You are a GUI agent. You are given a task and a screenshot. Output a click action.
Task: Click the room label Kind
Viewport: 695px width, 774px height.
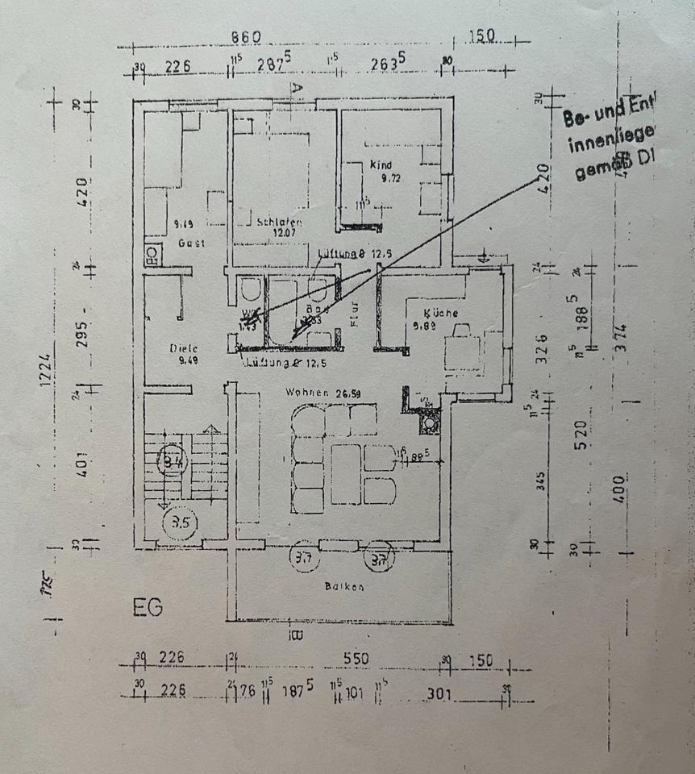click(380, 164)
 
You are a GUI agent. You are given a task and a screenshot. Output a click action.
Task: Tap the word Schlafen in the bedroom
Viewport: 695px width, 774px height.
click(279, 223)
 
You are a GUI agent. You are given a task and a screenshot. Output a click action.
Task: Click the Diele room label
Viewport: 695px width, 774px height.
click(184, 348)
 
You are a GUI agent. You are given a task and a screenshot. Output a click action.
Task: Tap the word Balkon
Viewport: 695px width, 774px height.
click(344, 587)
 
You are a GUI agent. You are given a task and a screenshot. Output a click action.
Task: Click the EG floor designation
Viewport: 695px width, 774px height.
click(148, 606)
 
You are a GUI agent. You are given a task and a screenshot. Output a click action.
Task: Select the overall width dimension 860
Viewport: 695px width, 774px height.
click(246, 37)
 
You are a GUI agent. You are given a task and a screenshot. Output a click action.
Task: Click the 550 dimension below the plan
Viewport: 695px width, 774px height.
click(356, 658)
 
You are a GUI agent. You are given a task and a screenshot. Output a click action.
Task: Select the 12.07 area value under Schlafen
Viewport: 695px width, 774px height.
click(280, 234)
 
